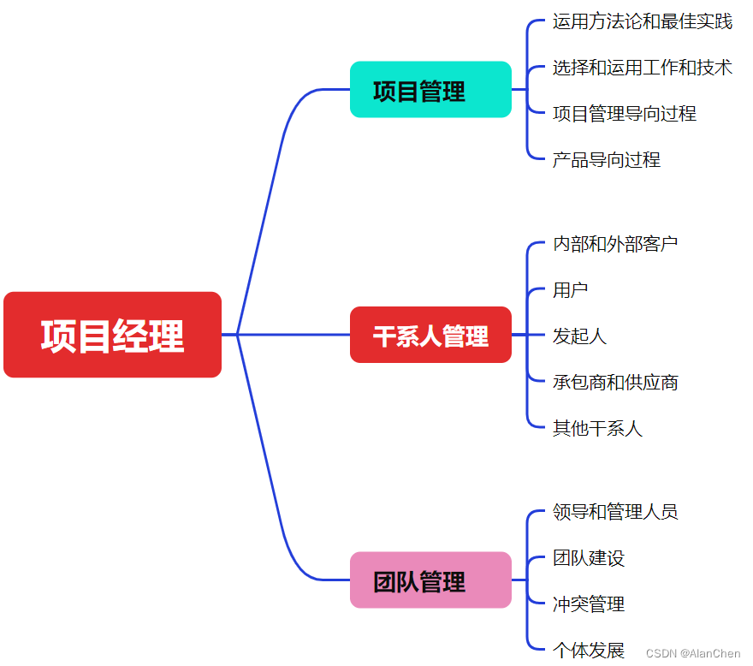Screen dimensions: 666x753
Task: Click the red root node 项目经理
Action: point(112,335)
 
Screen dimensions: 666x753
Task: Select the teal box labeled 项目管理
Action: point(430,90)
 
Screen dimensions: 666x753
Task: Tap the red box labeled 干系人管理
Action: point(430,335)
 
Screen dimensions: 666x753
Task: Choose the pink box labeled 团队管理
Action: point(430,580)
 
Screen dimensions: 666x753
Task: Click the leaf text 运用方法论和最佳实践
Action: point(642,21)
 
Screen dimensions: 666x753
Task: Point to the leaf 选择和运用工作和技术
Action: point(642,68)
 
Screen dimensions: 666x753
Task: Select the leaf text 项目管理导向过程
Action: point(624,113)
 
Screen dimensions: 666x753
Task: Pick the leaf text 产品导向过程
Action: point(606,159)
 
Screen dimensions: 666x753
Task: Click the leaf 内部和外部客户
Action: point(615,244)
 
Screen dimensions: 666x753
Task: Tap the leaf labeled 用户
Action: point(570,290)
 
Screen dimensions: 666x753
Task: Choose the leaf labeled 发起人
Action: point(579,336)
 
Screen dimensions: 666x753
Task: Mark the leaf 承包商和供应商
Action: point(615,382)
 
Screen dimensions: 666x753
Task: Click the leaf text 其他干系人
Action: point(597,428)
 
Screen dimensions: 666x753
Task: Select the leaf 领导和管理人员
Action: point(615,512)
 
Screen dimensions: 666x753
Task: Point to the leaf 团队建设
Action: point(589,558)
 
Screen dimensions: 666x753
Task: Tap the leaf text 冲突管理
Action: point(589,604)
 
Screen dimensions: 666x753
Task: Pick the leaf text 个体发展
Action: point(589,651)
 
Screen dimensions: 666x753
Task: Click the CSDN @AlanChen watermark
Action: point(693,654)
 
